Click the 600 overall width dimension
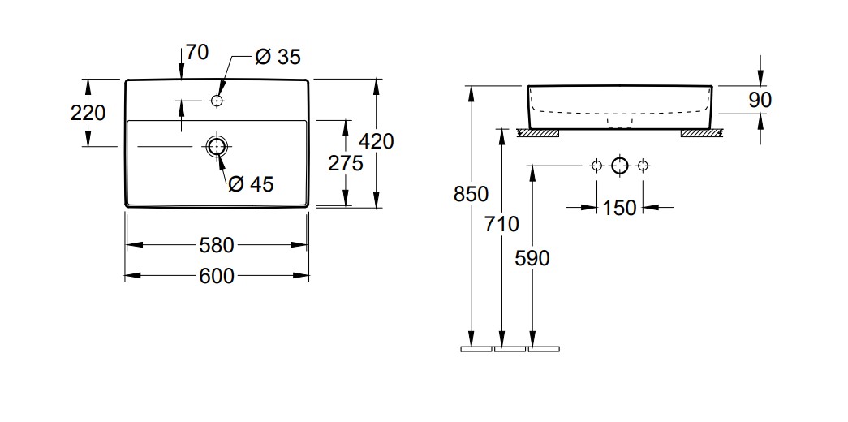(217, 277)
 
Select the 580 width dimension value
(217, 244)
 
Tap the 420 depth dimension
(376, 141)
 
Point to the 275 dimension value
(345, 163)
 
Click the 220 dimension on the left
(88, 113)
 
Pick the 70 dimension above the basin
(196, 53)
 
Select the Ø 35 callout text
(278, 57)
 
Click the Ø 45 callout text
(251, 184)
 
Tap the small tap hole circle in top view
(217, 101)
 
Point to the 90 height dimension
(760, 100)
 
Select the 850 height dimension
(471, 195)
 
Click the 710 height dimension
(501, 224)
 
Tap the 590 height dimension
(532, 258)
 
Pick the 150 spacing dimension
(620, 208)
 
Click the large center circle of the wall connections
(620, 166)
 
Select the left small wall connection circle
(596, 166)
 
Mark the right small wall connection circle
(643, 166)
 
